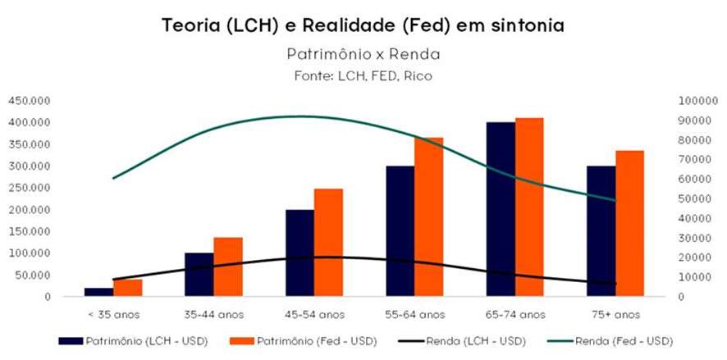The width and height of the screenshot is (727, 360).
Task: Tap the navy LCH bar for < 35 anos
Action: pyautogui.click(x=99, y=292)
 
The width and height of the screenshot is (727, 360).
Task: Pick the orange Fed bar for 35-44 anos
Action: pyautogui.click(x=229, y=267)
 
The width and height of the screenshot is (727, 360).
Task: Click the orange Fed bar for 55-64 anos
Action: pyautogui.click(x=429, y=216)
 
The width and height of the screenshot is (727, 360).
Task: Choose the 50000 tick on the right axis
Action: pyautogui.click(x=694, y=198)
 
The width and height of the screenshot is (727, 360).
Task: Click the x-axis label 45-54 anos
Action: pyautogui.click(x=314, y=313)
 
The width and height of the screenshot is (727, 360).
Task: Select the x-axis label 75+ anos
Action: pyautogui.click(x=615, y=313)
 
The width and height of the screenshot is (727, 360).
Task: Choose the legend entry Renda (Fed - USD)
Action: pyautogui.click(x=620, y=339)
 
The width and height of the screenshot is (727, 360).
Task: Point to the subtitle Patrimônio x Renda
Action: pyautogui.click(x=363, y=55)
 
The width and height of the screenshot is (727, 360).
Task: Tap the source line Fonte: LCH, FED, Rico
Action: pyautogui.click(x=363, y=75)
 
